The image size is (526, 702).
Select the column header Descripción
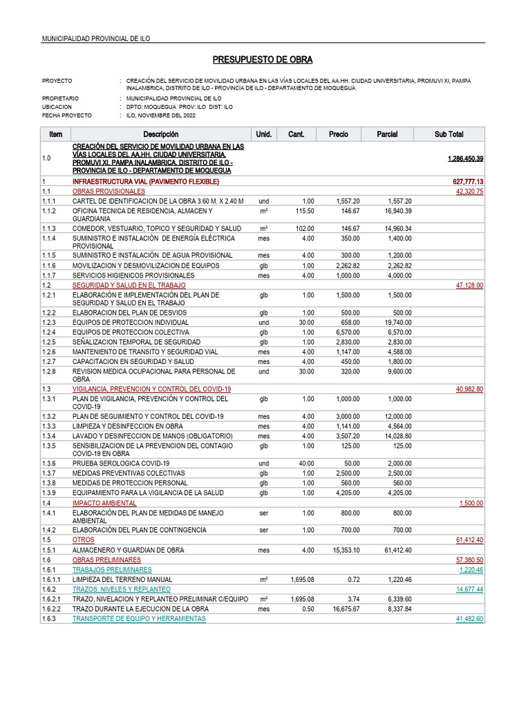coord(160,134)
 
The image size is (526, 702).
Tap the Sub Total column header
coord(449,134)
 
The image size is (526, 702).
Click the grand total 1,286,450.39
coord(465,158)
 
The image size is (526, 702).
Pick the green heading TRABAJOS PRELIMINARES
coord(112,569)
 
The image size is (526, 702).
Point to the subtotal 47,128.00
coord(469,285)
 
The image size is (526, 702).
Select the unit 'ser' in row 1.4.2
coord(264,529)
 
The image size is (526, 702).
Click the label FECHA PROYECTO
coord(66,116)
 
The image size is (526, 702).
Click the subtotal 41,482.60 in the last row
coord(469,618)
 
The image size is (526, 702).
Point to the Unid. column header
coord(264,134)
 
